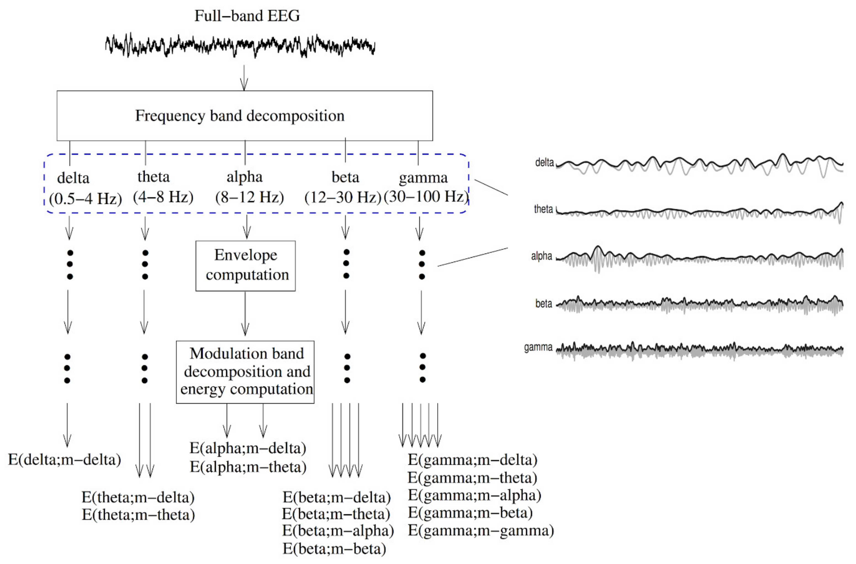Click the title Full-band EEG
pos(247,16)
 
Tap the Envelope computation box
pos(246,266)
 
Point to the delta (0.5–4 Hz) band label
pos(85,188)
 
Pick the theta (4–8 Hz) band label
pos(163,187)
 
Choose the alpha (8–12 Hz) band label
pos(249,187)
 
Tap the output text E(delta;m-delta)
pos(65,460)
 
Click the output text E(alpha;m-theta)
pos(248,467)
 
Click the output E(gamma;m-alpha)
pos(474,495)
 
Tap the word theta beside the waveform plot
pos(543,209)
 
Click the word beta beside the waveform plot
pos(544,304)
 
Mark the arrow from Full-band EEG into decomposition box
pos(244,78)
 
